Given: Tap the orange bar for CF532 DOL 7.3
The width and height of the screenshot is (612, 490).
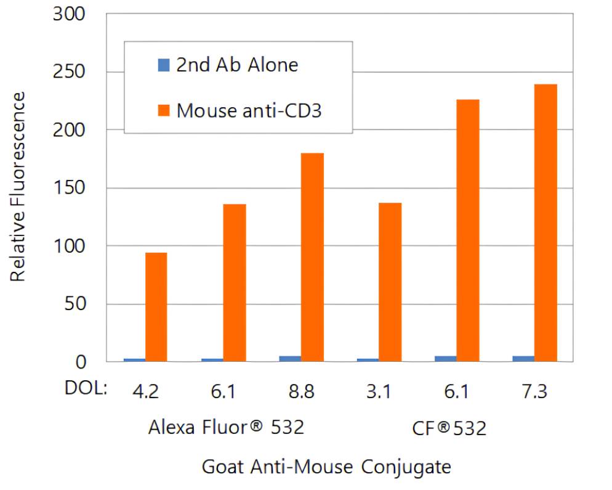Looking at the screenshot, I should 546,223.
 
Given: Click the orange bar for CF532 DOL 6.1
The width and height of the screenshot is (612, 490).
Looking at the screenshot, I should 468,231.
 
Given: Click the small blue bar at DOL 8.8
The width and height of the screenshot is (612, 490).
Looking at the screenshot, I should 290,358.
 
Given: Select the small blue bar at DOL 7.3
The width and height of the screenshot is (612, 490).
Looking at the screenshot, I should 523,358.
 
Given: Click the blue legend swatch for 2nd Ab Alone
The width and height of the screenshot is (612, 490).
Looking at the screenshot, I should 163,64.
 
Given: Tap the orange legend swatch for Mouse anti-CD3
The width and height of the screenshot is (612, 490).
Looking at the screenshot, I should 163,110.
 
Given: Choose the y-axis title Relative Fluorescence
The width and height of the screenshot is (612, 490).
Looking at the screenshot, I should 18,187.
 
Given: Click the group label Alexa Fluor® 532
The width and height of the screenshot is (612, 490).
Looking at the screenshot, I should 226,427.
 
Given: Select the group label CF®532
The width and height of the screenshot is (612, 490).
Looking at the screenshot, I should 448,427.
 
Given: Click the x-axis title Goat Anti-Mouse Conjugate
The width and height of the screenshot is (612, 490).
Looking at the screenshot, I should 326,467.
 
